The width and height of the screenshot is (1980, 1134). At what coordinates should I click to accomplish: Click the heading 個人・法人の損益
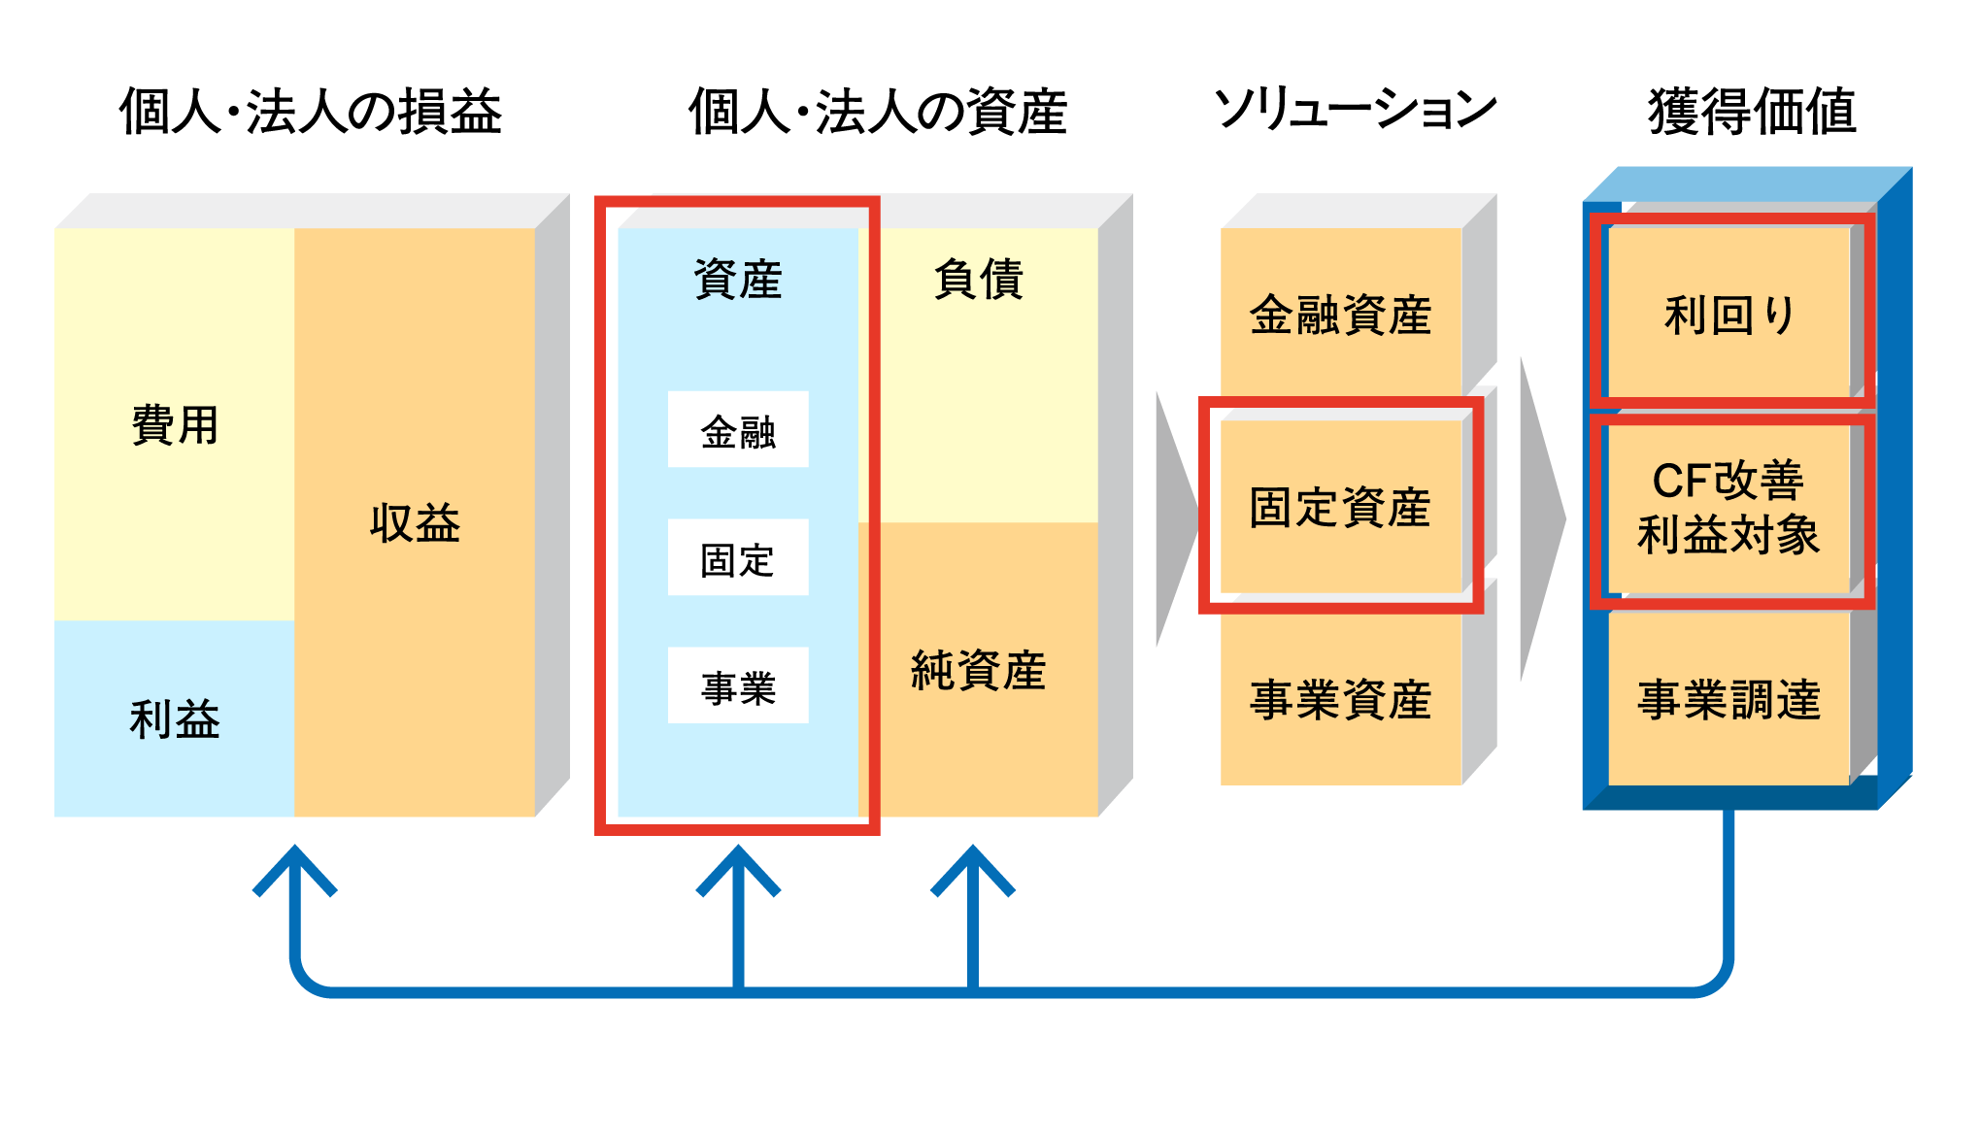click(x=311, y=112)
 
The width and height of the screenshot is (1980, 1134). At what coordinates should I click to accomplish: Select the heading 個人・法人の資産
click(x=878, y=112)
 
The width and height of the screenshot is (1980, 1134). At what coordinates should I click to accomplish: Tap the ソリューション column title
click(x=1356, y=110)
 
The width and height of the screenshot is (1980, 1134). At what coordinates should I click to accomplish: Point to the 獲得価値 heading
click(x=1753, y=112)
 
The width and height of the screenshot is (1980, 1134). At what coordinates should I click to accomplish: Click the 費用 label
click(x=175, y=425)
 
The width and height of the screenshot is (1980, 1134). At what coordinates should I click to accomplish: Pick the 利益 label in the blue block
click(x=175, y=719)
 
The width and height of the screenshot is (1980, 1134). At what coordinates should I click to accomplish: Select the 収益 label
click(x=415, y=523)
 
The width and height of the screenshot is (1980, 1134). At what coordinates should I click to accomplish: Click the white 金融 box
click(x=738, y=430)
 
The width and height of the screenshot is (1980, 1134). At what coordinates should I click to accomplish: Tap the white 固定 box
click(x=738, y=558)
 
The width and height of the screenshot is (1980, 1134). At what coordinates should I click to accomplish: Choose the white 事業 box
click(x=738, y=686)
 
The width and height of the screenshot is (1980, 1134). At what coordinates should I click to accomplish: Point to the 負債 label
click(x=978, y=280)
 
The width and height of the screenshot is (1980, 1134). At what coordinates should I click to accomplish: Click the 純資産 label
click(x=978, y=670)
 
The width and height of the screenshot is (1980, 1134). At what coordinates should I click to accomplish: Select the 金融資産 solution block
click(x=1340, y=315)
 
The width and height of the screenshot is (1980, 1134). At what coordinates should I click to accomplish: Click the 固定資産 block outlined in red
click(x=1340, y=507)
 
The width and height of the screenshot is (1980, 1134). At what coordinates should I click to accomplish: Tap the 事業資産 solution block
click(x=1340, y=699)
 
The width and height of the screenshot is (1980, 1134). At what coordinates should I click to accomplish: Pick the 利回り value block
click(x=1729, y=315)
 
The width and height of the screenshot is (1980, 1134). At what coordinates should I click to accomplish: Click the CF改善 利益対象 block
click(x=1729, y=507)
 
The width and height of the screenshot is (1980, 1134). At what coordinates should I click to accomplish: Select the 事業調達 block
click(x=1729, y=699)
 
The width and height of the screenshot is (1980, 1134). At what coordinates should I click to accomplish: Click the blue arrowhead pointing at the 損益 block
click(x=295, y=868)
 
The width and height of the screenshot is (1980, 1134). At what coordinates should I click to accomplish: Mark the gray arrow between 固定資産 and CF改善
click(x=1541, y=519)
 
